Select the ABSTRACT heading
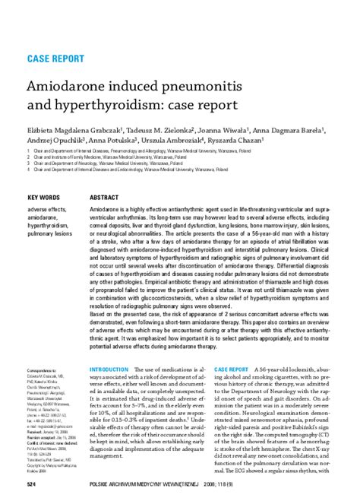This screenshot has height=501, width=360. pos(106,195)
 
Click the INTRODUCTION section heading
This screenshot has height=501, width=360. pos(109,369)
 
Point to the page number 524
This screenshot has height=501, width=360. pos(33,484)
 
